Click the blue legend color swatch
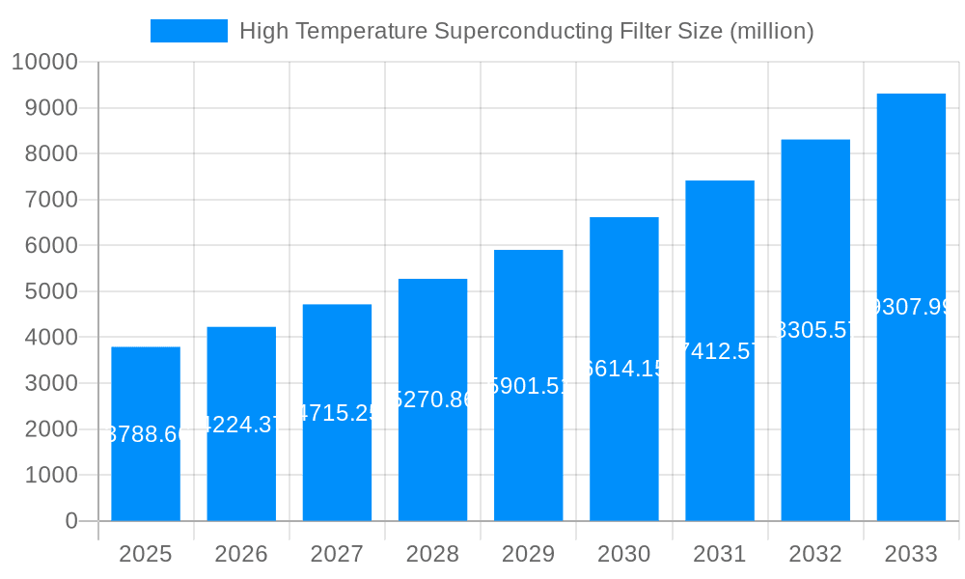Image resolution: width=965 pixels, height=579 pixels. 189,31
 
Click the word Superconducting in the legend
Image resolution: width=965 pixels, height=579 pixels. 522,31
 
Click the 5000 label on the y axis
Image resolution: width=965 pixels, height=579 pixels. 50,291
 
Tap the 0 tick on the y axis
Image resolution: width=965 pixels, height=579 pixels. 71,521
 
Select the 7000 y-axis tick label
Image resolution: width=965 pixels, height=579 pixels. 50,200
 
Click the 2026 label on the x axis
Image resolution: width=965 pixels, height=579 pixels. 241,554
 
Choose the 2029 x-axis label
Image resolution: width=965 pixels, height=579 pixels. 529,554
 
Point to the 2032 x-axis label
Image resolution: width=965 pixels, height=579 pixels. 815,554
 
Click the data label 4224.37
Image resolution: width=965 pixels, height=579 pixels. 241,425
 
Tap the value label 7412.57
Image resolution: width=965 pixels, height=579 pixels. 720,351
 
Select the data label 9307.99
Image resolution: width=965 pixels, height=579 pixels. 911,308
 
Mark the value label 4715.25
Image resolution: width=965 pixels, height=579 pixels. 337,413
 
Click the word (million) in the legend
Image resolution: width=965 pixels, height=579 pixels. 771,31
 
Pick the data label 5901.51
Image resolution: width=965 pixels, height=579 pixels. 529,386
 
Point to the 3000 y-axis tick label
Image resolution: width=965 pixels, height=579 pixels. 50,383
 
